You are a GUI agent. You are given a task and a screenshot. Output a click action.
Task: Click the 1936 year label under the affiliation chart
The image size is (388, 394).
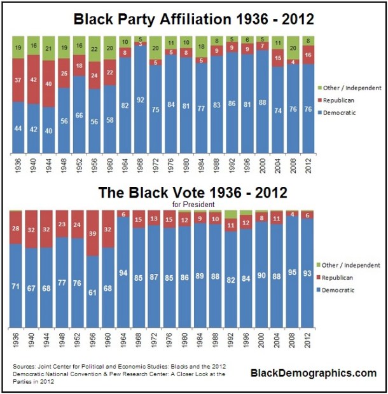click(x=18, y=166)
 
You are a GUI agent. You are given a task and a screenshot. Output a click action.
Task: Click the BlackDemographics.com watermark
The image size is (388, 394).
click(x=313, y=373)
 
